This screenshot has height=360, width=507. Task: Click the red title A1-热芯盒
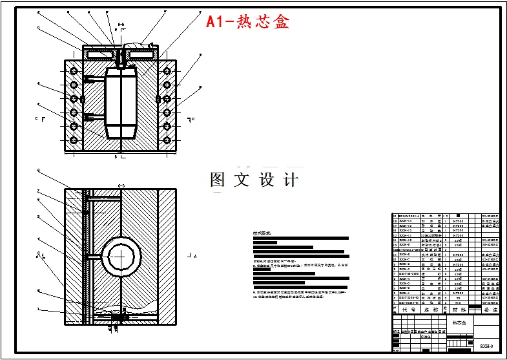[x=247, y=21]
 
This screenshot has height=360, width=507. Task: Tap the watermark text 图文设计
[x=254, y=180]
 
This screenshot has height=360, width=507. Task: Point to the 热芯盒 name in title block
[x=459, y=321]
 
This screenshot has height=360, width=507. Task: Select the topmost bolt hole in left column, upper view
[x=74, y=70]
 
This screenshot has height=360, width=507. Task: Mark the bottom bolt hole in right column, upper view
[x=167, y=140]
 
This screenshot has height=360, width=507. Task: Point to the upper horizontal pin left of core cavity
[x=93, y=78]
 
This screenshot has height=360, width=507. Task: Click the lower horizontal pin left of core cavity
[x=93, y=117]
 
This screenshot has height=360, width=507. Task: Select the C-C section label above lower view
[x=120, y=185]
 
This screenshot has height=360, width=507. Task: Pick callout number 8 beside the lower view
[x=38, y=171]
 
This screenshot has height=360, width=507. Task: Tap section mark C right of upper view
[x=191, y=120]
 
